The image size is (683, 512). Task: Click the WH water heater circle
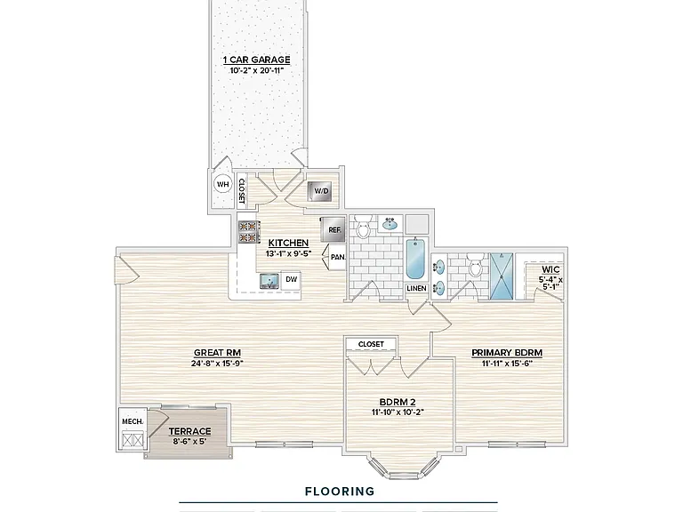[222, 185]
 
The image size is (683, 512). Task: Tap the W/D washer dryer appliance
[321, 191]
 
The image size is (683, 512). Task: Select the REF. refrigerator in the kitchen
[333, 230]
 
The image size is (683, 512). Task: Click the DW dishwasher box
[291, 279]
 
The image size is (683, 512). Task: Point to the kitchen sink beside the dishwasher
[270, 281]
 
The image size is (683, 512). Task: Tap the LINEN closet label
[416, 288]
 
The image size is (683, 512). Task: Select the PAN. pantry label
[338, 257]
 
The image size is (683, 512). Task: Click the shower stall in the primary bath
[502, 276]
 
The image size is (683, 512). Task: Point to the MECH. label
[132, 421]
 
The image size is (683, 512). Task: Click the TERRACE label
[190, 431]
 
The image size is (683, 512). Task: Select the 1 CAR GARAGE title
[256, 60]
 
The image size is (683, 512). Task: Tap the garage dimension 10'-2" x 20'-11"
[256, 70]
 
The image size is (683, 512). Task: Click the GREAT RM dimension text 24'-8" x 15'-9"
[217, 363]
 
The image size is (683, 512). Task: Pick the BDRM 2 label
[398, 402]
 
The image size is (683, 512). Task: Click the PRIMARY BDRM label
[507, 353]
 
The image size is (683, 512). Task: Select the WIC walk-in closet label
[550, 269]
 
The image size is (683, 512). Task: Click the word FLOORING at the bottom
[340, 492]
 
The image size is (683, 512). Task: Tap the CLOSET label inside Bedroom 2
[371, 344]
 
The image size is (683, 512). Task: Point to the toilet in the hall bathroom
[362, 226]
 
